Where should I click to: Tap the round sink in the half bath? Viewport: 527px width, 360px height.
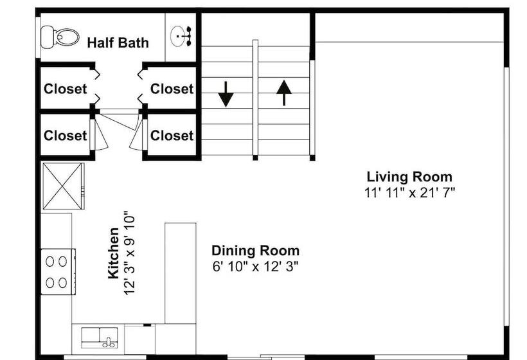[x=181, y=36]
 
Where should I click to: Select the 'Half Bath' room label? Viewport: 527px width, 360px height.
[x=118, y=43]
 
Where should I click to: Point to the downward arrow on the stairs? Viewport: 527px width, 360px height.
[x=226, y=94]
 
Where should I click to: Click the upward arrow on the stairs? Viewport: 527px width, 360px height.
[x=284, y=93]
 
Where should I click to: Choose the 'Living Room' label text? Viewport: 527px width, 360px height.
[x=409, y=177]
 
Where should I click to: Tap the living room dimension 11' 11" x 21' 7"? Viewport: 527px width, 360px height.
[x=409, y=193]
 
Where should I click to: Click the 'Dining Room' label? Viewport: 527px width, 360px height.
[x=255, y=251]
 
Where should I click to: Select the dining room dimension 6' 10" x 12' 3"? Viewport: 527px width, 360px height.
[x=255, y=267]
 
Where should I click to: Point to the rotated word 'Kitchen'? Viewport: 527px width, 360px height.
[x=114, y=253]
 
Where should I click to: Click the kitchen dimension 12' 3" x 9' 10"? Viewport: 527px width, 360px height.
[x=129, y=253]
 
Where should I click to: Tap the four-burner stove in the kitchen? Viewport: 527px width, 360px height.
[x=58, y=272]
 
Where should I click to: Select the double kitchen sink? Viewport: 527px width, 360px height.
[x=100, y=337]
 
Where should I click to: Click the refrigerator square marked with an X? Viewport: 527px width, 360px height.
[x=63, y=186]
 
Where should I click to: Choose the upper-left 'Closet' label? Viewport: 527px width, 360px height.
[x=65, y=89]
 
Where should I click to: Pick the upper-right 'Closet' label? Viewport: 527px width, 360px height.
[x=172, y=89]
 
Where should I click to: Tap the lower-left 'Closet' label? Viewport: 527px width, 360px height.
[x=65, y=136]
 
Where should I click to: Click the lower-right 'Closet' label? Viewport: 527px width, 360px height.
[x=172, y=136]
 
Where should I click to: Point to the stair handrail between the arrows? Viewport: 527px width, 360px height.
[x=255, y=100]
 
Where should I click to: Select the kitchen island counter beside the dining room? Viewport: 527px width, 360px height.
[x=181, y=273]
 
